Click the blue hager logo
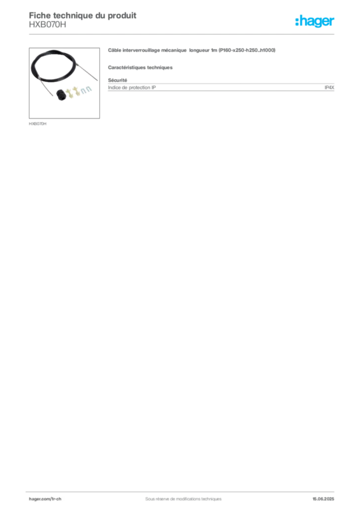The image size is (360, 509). click(315, 21)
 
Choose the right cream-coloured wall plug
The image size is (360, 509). click(78, 91)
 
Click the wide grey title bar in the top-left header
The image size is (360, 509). click(83, 14)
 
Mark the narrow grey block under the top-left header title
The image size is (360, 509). click(47, 27)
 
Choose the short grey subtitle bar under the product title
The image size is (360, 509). click(141, 67)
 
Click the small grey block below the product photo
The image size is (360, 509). click(38, 123)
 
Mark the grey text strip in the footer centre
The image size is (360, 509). click(179, 496)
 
